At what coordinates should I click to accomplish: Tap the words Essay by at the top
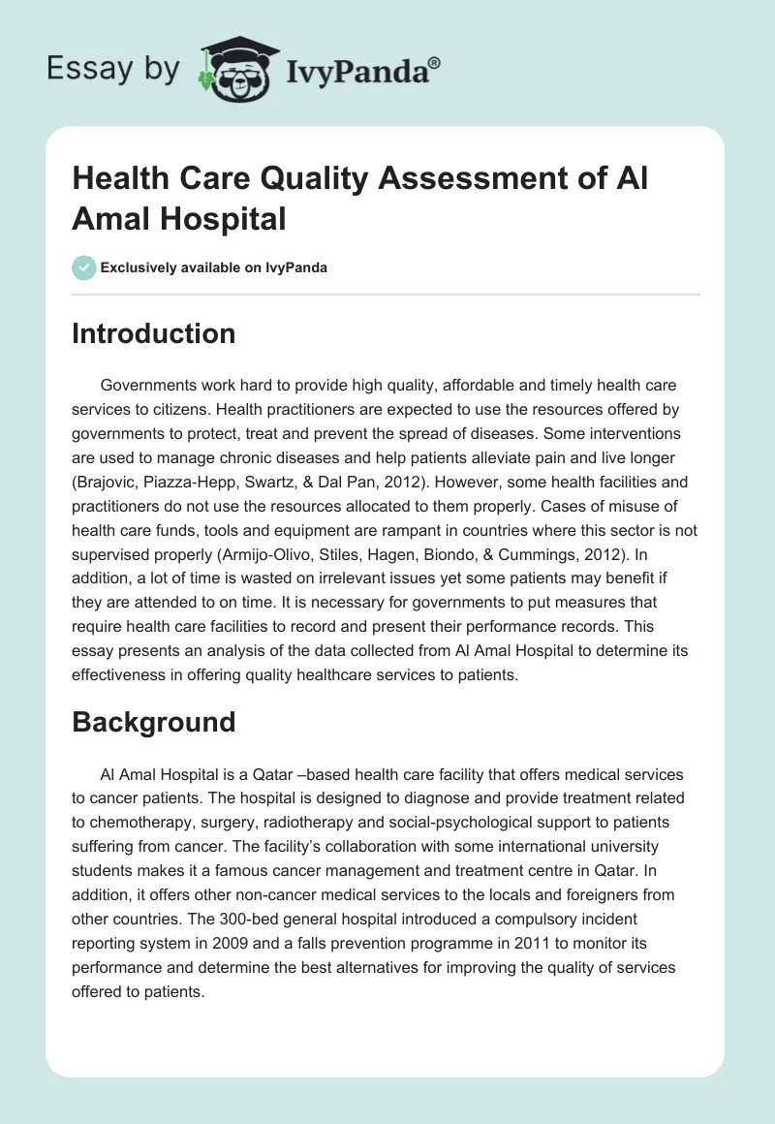112,69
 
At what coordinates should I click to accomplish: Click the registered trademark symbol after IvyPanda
435,62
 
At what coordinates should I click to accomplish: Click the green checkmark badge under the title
83,267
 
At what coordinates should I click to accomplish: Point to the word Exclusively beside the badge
139,267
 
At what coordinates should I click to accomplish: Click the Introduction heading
153,334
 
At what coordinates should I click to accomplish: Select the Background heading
153,722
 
